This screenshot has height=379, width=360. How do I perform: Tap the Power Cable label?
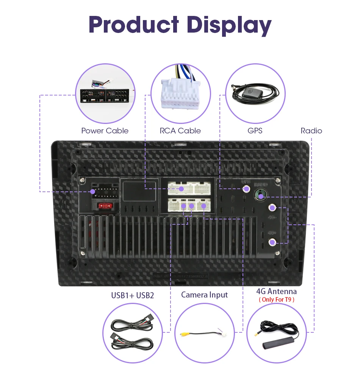click(x=105, y=131)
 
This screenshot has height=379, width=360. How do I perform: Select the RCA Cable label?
click(x=180, y=131)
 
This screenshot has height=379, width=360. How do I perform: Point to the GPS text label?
click(x=255, y=131)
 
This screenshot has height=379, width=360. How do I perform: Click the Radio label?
click(x=311, y=131)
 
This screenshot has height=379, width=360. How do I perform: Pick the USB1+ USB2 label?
click(x=133, y=295)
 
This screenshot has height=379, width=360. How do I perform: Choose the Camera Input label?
click(x=205, y=294)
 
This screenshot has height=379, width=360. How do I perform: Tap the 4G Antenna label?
click(x=276, y=291)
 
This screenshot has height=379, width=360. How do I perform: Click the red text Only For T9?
click(x=276, y=300)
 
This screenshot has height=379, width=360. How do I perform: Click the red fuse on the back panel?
click(x=105, y=206)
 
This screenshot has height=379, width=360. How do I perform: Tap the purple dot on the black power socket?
click(x=93, y=192)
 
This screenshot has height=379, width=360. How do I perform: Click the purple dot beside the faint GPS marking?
click(x=247, y=188)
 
